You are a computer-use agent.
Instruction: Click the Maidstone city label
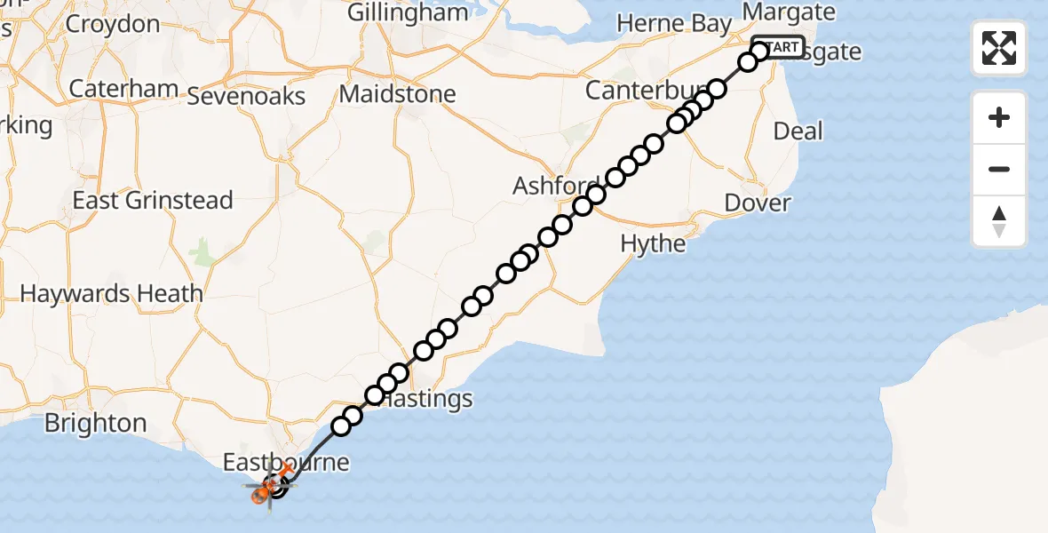point(398,94)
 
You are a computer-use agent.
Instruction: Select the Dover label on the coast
point(757,203)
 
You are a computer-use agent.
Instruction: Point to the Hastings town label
point(426,399)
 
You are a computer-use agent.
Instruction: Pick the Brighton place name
point(95,423)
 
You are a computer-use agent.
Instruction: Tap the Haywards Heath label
point(111,293)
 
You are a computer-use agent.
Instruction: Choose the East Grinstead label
point(153,201)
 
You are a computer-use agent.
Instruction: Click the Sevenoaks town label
point(247,96)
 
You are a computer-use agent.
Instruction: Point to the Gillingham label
point(408,13)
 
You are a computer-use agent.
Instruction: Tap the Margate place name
point(789,12)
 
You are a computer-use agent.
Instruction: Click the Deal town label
point(798,131)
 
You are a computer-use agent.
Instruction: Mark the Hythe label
point(653,243)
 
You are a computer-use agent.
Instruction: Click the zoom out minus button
point(999,170)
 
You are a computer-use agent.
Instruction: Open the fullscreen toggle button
point(999,48)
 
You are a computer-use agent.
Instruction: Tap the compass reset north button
point(999,221)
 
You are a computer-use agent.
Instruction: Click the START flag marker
point(779,47)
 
